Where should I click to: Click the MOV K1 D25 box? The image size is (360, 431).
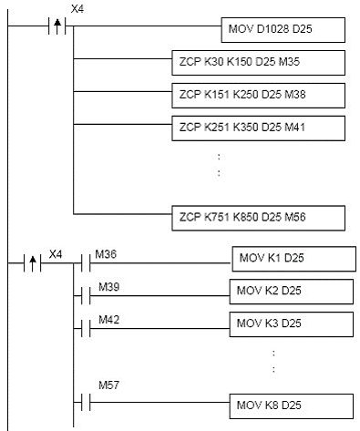[292, 258]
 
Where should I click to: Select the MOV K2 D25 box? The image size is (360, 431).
[292, 292]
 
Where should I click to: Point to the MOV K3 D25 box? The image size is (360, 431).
[292, 323]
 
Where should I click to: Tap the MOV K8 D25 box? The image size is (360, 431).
[292, 403]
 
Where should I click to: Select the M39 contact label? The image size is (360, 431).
[108, 286]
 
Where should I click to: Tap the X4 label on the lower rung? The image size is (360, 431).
[56, 252]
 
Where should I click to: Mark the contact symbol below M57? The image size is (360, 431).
[84, 401]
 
